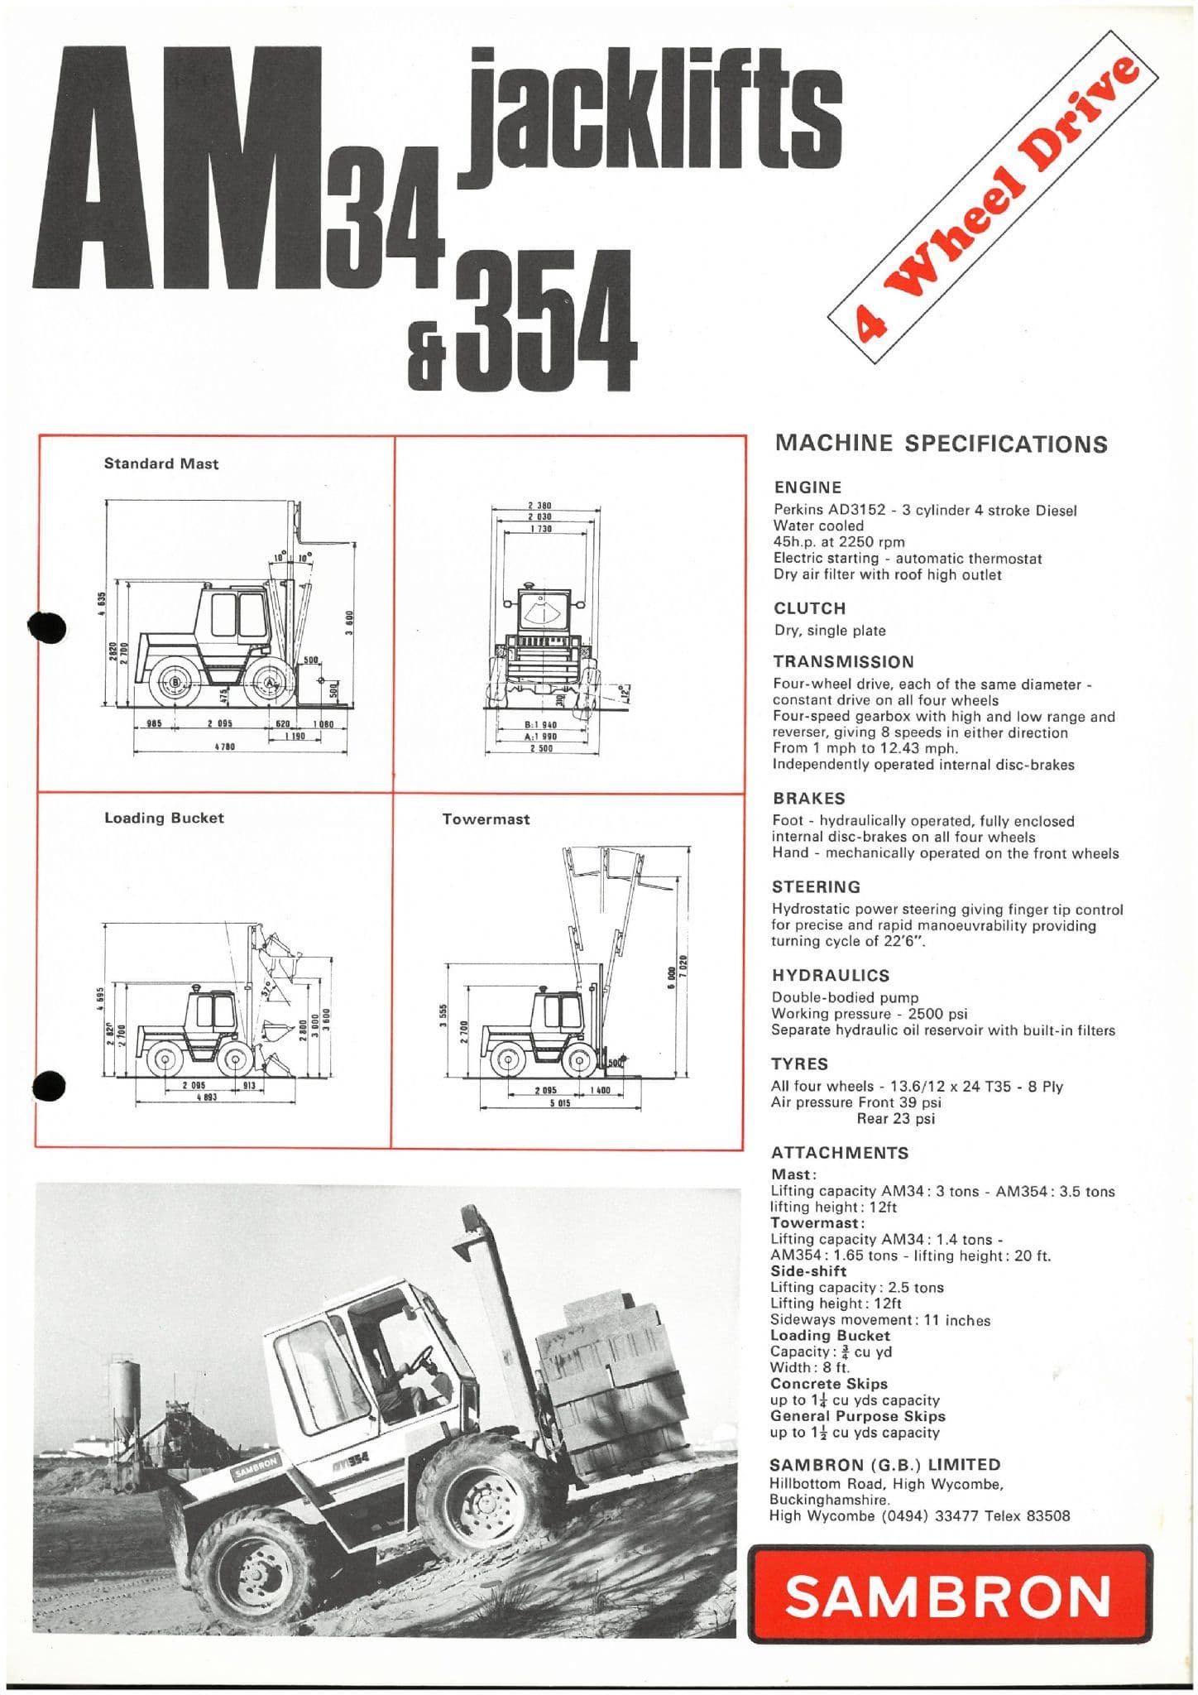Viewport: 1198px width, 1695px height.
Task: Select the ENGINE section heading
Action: (807, 487)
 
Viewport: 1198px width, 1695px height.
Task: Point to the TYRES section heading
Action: (799, 1064)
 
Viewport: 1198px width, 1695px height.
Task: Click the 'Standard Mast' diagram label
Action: (161, 463)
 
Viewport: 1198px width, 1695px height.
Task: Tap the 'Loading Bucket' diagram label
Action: (164, 818)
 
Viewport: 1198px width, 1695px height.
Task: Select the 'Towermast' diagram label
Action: (486, 819)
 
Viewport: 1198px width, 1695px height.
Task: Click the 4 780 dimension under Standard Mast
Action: (226, 747)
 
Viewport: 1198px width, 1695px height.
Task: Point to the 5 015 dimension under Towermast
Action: (560, 1103)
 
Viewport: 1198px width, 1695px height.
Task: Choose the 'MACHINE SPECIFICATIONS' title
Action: (940, 444)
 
